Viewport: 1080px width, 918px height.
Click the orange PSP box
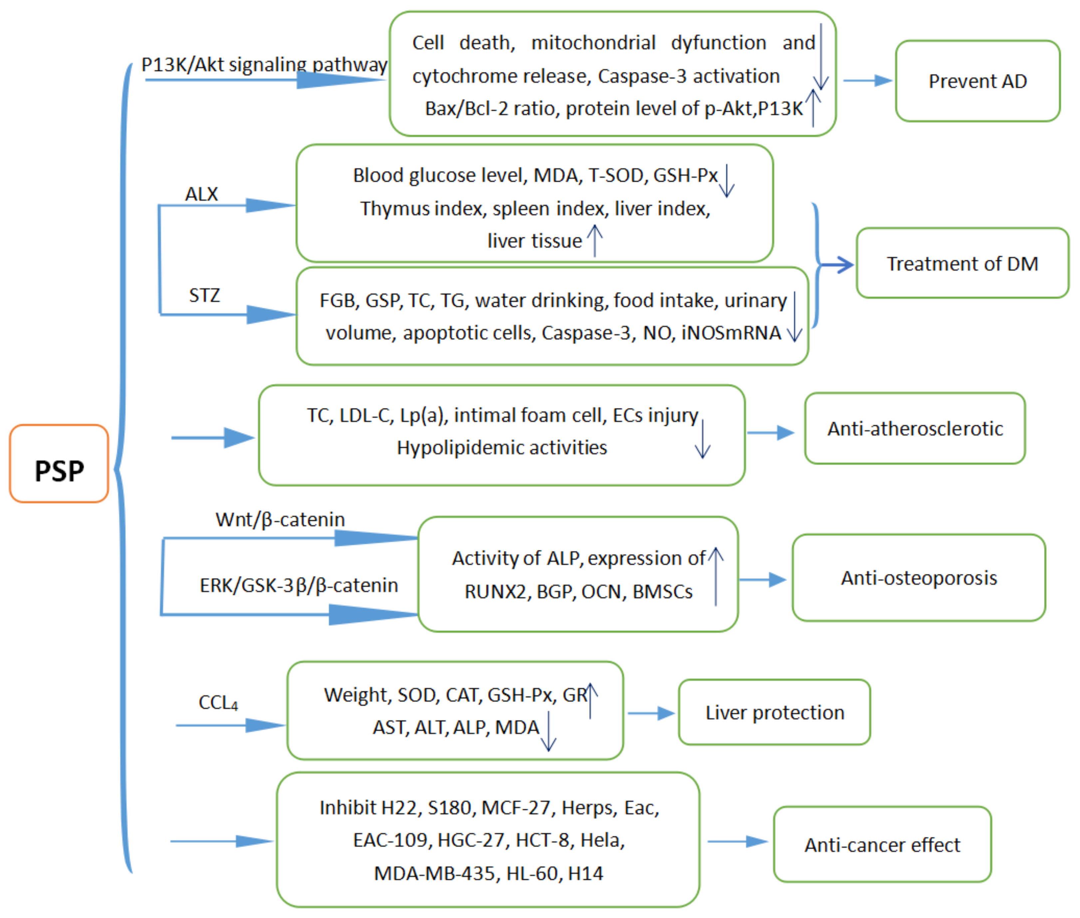coord(59,463)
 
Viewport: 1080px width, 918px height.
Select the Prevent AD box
coord(977,81)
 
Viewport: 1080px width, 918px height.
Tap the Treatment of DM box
coord(962,263)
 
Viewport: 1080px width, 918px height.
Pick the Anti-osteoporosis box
coord(919,578)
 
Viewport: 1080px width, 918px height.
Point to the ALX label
coord(201,194)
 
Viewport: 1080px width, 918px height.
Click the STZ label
coord(204,295)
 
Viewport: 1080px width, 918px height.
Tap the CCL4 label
coord(218,702)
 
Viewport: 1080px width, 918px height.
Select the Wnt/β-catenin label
coord(280,519)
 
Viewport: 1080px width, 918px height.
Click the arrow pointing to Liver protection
coord(651,713)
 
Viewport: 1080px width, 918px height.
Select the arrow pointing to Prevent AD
coord(868,81)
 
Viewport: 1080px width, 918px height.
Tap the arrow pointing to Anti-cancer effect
coord(738,841)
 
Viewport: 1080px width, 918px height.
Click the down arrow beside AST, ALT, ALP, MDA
coord(548,731)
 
